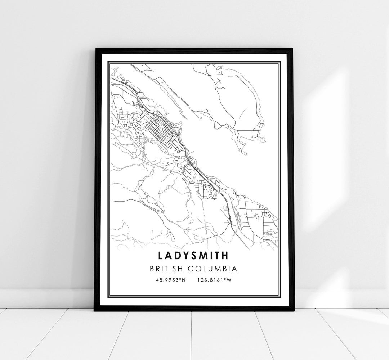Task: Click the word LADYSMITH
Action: click(193, 255)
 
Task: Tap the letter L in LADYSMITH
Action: click(160, 255)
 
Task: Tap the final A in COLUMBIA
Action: click(234, 269)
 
